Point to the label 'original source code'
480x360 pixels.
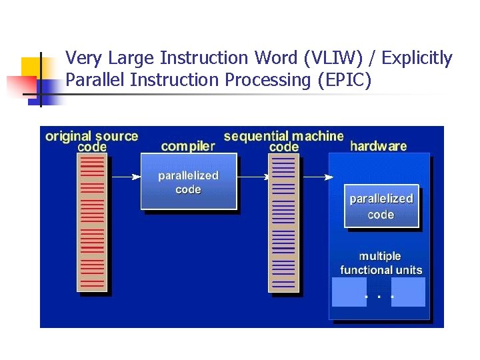[x=91, y=141]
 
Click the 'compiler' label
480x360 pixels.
[x=188, y=146]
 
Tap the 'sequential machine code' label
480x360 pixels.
[x=283, y=141]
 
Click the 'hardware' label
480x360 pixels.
[x=378, y=146]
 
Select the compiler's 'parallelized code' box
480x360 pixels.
[x=188, y=182]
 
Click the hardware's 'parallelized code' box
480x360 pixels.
[x=381, y=206]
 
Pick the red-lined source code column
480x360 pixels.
[x=91, y=222]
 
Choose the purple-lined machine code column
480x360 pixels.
[x=283, y=222]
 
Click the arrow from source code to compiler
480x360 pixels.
[x=125, y=177]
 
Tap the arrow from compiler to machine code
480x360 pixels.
[x=253, y=177]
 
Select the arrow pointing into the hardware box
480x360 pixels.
[x=317, y=177]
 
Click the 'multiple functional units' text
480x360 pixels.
[x=381, y=263]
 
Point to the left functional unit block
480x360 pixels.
[x=348, y=292]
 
